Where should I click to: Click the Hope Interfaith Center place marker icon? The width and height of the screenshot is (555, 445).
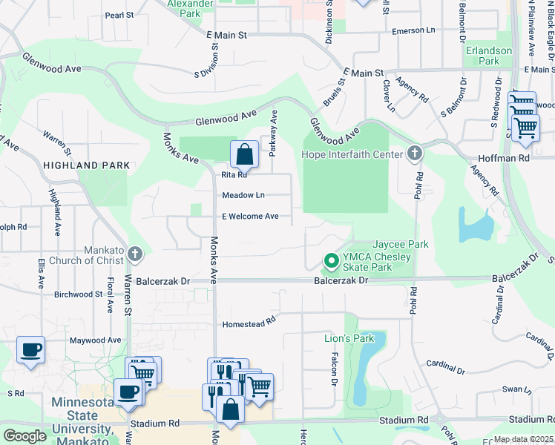tap(415, 154)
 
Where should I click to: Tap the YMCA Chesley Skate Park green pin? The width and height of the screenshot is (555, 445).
tap(332, 260)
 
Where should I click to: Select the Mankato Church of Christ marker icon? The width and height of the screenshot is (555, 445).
tap(134, 254)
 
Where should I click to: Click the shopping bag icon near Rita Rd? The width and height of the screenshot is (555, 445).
tap(244, 154)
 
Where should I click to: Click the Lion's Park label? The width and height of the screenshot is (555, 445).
tap(349, 338)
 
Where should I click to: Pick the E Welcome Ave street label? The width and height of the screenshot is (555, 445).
tap(250, 217)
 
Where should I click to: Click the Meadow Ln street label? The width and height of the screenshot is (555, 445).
tap(243, 195)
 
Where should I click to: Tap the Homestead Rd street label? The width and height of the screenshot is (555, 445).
tap(249, 324)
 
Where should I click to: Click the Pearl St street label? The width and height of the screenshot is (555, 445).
tap(119, 14)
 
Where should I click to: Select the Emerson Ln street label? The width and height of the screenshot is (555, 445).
tap(413, 30)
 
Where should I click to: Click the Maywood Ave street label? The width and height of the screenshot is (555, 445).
tap(95, 340)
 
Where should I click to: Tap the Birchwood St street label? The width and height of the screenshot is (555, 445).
tap(78, 294)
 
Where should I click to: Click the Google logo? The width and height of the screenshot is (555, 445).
tap(24, 436)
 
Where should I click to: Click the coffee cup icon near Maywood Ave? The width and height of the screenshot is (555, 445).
tap(30, 349)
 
